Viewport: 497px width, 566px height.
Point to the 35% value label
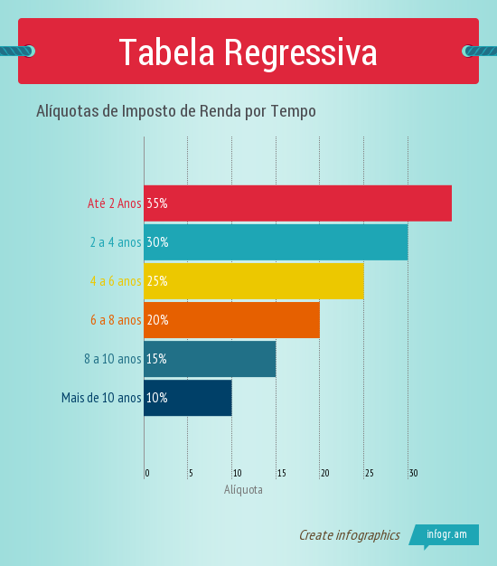pyautogui.click(x=157, y=203)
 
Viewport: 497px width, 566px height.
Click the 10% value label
pyautogui.click(x=157, y=398)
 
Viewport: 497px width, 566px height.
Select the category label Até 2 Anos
pyautogui.click(x=114, y=203)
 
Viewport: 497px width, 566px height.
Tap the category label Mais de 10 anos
pyautogui.click(x=101, y=398)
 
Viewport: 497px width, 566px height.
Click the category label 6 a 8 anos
pyautogui.click(x=116, y=320)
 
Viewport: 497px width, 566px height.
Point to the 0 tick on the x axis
pyautogui.click(x=147, y=473)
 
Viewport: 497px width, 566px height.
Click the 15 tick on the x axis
pyautogui.click(x=281, y=473)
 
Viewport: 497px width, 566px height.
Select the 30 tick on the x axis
pyautogui.click(x=413, y=473)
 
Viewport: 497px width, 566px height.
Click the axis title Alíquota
pyautogui.click(x=243, y=489)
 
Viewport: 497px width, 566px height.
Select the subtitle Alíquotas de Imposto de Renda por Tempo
pyautogui.click(x=175, y=111)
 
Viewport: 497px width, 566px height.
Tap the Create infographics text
pyautogui.click(x=349, y=535)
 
